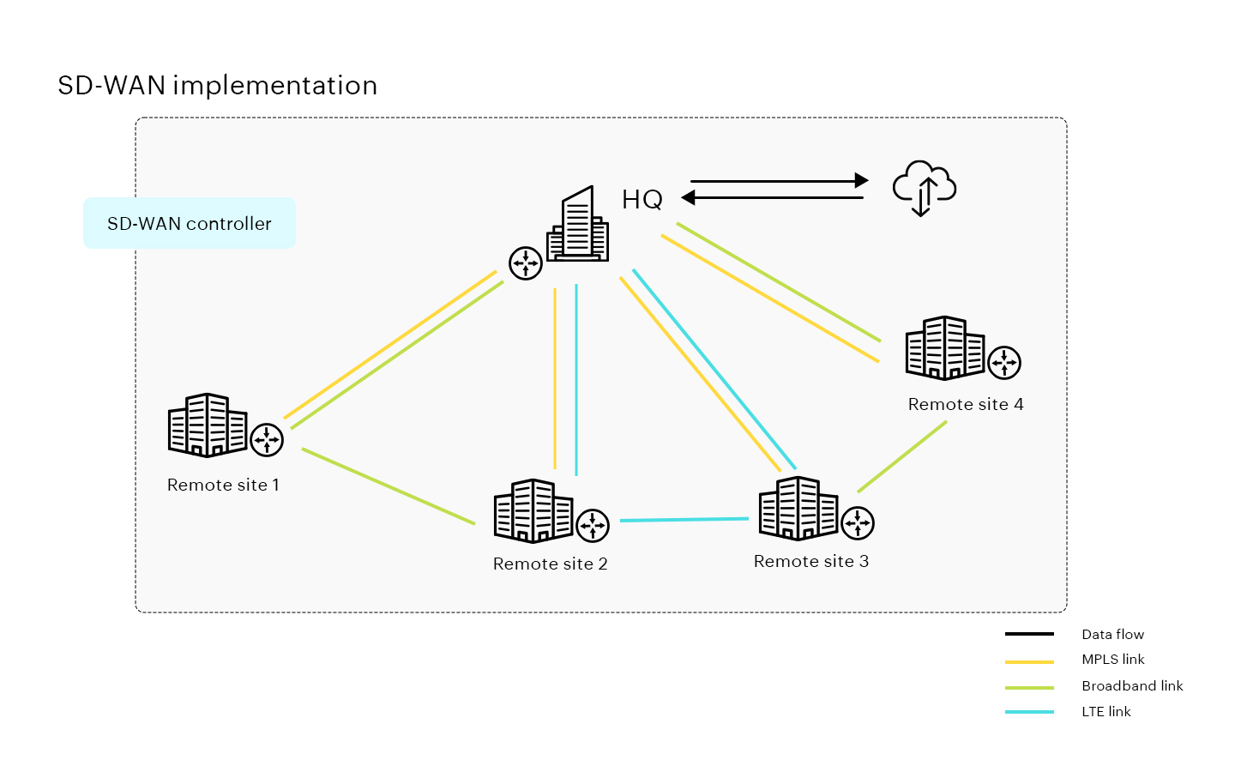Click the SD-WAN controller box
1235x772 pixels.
click(x=190, y=223)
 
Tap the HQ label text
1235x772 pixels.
click(x=642, y=200)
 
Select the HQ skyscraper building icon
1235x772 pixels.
click(x=579, y=226)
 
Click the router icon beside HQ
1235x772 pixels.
click(x=526, y=263)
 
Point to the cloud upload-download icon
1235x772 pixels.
click(x=924, y=188)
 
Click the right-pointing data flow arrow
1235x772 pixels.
click(x=779, y=181)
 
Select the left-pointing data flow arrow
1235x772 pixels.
click(x=772, y=198)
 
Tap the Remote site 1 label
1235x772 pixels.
click(x=223, y=485)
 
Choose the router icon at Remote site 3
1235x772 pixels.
click(x=858, y=522)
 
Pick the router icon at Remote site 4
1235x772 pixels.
click(x=1004, y=362)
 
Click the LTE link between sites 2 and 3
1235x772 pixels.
click(x=684, y=520)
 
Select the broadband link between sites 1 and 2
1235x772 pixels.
click(x=388, y=486)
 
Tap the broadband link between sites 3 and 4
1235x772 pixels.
click(x=902, y=456)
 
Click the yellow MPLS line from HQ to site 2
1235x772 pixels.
click(x=555, y=377)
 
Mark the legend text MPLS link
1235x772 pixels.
click(x=1112, y=660)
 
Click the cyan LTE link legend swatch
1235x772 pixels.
click(x=1029, y=712)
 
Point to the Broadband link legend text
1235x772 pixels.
click(x=1132, y=686)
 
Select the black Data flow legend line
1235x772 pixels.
click(x=1029, y=635)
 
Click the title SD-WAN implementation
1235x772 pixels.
click(x=218, y=86)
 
